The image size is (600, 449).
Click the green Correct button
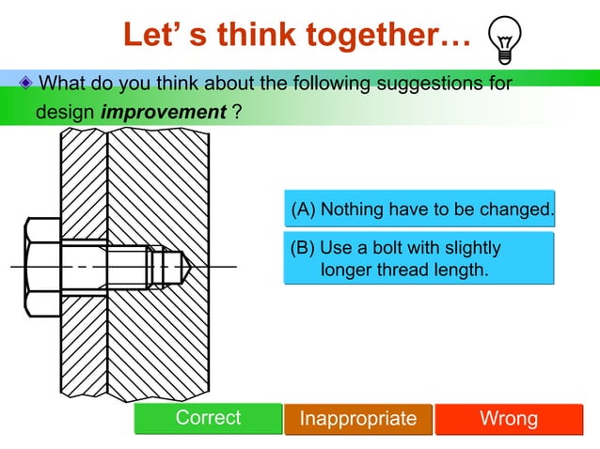click(x=208, y=419)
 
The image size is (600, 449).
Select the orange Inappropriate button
click(x=357, y=419)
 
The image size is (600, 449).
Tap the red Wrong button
click(x=509, y=419)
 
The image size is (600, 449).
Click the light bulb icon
click(x=504, y=40)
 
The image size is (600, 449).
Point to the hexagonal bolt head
click(x=42, y=267)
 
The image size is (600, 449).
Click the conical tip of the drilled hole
click(x=185, y=267)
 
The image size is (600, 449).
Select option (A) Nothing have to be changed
click(x=420, y=209)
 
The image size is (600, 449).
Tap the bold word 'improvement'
click(x=165, y=112)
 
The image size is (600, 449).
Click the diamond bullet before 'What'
click(x=26, y=84)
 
